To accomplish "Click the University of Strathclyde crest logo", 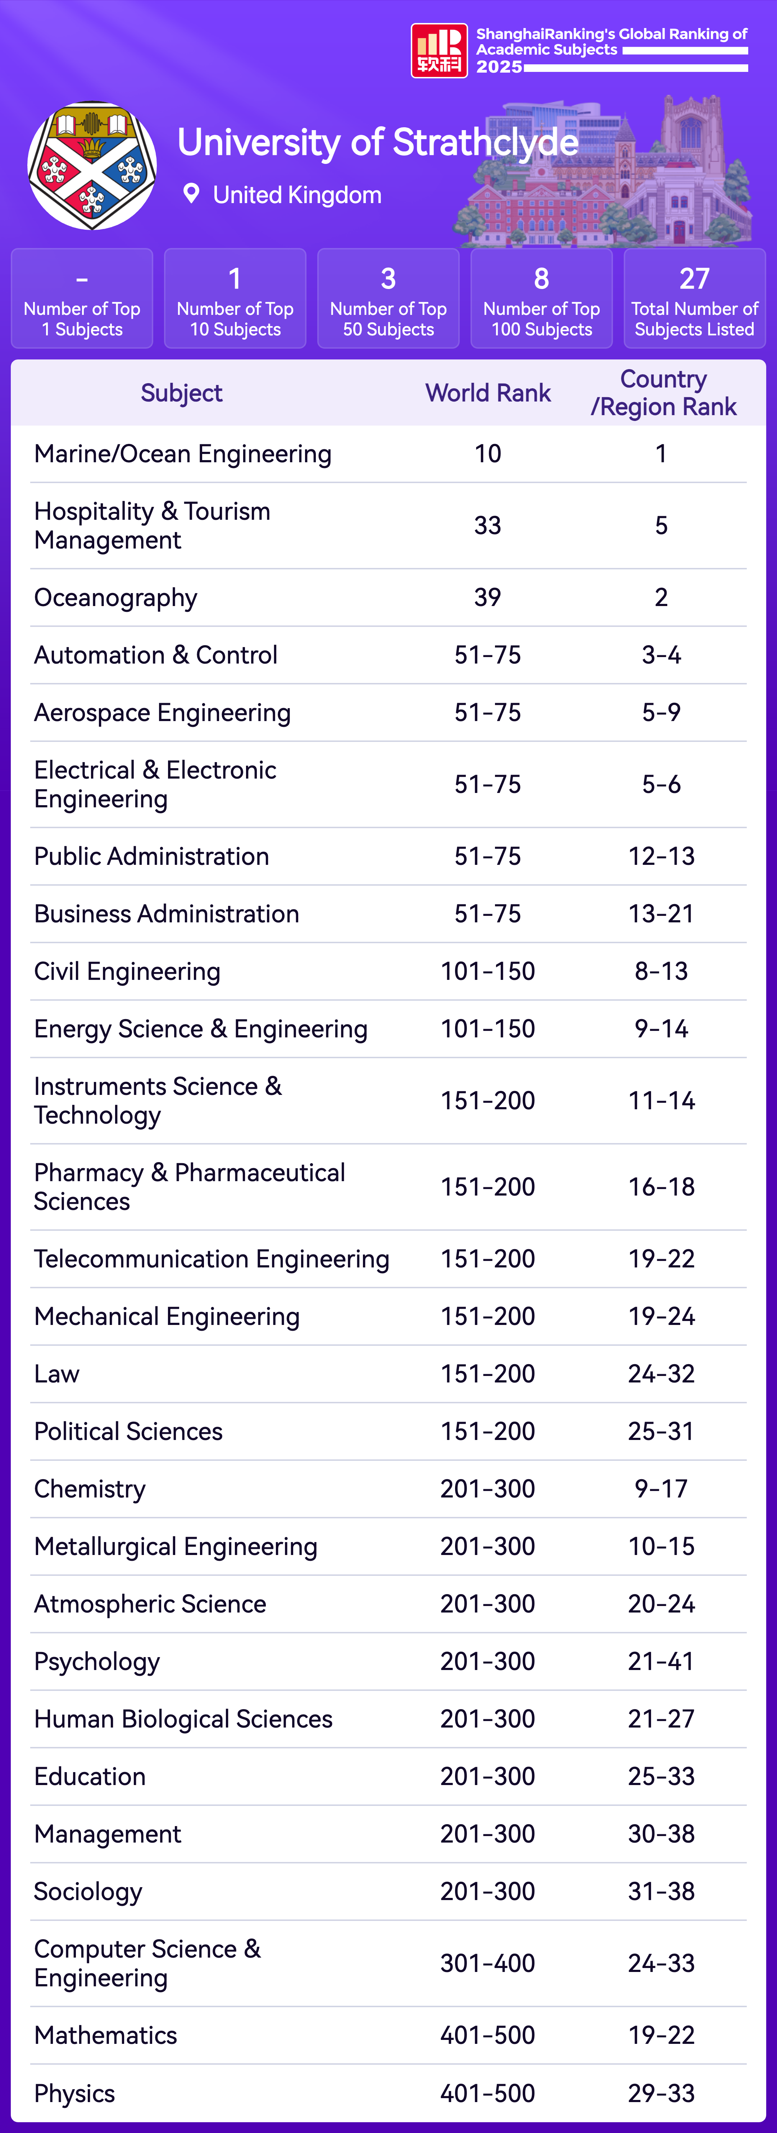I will coord(92,166).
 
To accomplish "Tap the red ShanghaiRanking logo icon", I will coord(439,51).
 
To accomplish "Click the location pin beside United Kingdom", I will coord(191,194).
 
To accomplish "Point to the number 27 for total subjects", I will coord(694,279).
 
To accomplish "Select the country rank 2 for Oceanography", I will coord(661,597).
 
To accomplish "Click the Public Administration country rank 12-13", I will coord(661,856).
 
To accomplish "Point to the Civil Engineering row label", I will coord(127,971).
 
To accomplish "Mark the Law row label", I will coord(56,1374).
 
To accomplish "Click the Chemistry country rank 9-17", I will coord(661,1489).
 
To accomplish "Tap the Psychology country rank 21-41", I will coord(661,1661).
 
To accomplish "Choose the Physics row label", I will coord(74,2093).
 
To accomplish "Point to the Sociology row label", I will coord(88,1891).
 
